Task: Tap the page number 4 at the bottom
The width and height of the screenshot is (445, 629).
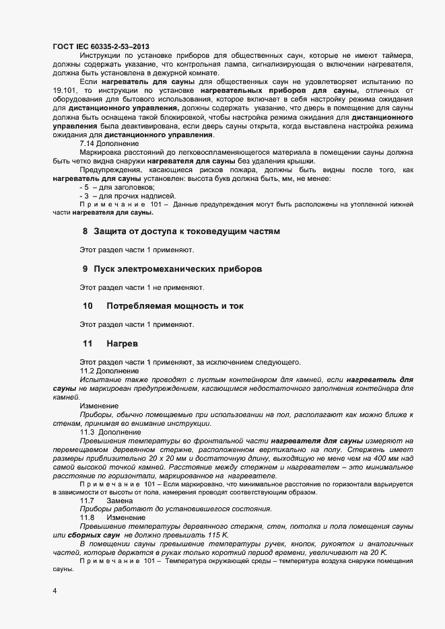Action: tap(55, 591)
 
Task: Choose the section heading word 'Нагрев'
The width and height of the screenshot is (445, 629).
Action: tap(122, 343)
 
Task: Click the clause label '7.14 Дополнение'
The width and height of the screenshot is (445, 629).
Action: tap(109, 144)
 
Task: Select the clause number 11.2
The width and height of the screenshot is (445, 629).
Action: tap(88, 371)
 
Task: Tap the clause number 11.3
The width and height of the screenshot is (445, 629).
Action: tap(88, 432)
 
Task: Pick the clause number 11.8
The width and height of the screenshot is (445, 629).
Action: tap(88, 518)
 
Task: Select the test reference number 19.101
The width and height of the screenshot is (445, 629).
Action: tap(65, 90)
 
